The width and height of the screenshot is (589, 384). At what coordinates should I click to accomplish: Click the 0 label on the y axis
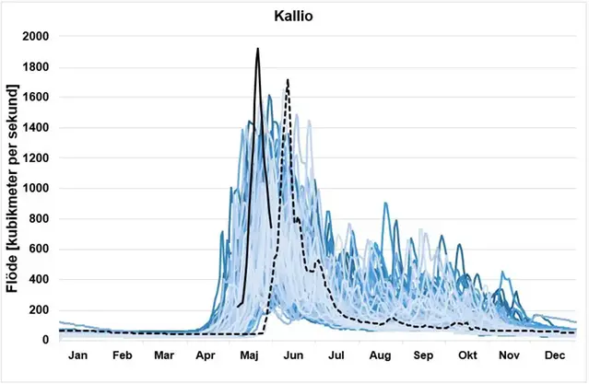[46, 341]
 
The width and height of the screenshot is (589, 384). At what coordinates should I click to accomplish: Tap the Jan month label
[79, 355]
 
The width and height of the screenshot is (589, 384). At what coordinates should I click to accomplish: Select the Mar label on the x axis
[163, 355]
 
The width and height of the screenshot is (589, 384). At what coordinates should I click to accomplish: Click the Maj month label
[249, 355]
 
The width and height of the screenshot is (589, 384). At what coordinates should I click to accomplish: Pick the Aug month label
[380, 355]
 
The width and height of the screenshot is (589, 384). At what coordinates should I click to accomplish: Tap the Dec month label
[553, 355]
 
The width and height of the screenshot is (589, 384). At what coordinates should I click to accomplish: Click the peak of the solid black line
[257, 49]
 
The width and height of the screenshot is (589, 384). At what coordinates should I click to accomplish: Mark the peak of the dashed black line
[288, 80]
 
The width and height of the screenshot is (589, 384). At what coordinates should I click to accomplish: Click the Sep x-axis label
[423, 355]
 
